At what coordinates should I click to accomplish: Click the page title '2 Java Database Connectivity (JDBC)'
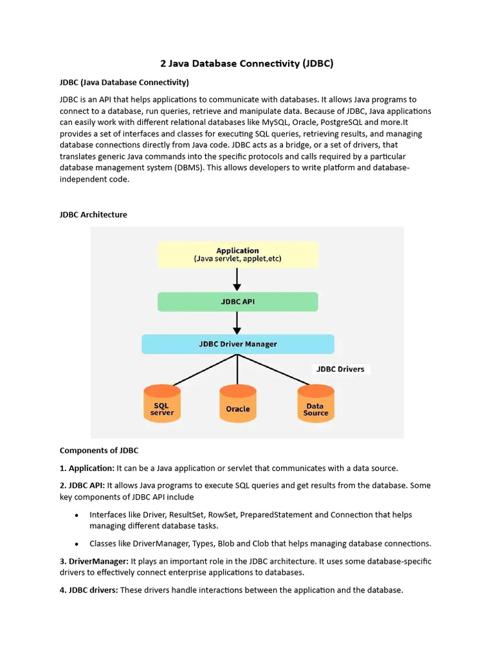tap(246, 64)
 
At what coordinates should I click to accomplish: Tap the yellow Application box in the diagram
tap(237, 254)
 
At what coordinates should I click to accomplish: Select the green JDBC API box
tap(237, 302)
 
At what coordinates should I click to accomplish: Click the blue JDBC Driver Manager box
tap(237, 344)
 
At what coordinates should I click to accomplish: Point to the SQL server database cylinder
tap(162, 404)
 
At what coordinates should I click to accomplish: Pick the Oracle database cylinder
tap(238, 404)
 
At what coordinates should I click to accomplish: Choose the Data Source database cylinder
tap(316, 404)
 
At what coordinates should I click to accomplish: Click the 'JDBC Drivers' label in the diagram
tap(340, 369)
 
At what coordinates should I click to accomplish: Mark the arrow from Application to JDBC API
tap(237, 279)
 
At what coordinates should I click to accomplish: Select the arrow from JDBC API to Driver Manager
tap(237, 322)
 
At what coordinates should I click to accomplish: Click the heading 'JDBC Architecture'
tap(93, 214)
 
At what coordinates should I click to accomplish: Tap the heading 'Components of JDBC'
tap(99, 450)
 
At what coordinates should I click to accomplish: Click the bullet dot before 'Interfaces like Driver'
tap(77, 515)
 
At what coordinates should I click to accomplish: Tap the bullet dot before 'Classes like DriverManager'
tap(77, 544)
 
